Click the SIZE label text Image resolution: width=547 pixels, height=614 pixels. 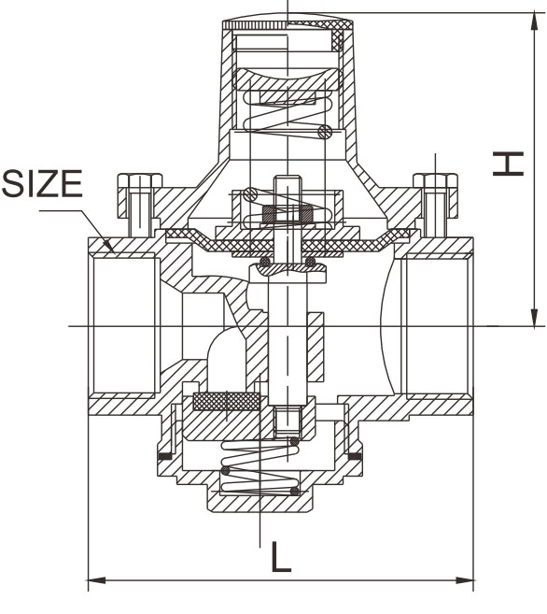point(42,183)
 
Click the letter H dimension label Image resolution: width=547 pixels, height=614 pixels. point(508,164)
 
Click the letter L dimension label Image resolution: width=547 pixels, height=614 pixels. point(281,556)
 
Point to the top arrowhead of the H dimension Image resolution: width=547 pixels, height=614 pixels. point(534,21)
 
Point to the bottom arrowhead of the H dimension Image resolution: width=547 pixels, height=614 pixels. point(534,317)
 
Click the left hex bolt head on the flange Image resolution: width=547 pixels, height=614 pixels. point(140,181)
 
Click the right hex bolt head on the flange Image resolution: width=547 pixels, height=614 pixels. point(436,181)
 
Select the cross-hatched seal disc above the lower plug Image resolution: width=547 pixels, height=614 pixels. point(227,401)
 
